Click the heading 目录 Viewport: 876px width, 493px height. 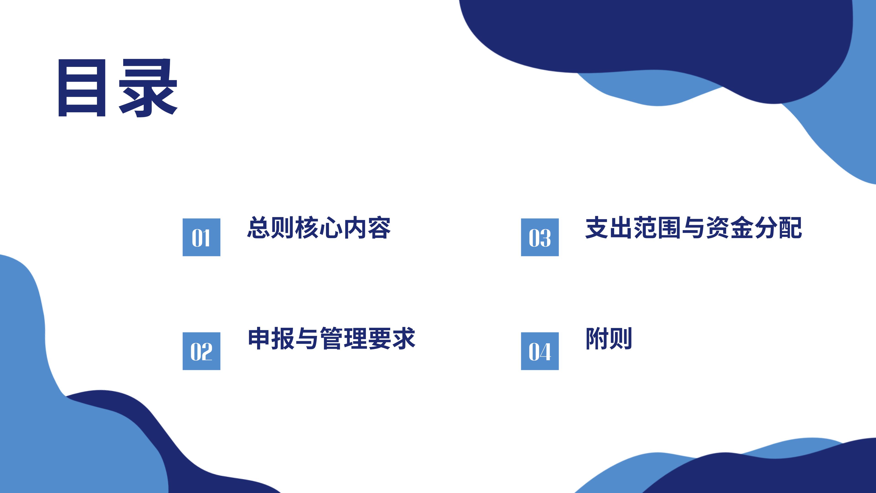tap(118, 88)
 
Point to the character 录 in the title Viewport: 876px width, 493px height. tap(148, 88)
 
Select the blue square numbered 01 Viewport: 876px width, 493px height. tap(201, 237)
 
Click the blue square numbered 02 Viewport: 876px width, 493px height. tap(201, 351)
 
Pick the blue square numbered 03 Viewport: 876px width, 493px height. tap(540, 237)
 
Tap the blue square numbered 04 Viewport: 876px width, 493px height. tap(540, 351)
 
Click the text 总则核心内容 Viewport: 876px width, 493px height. tap(319, 227)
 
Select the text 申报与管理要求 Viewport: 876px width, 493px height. tap(331, 338)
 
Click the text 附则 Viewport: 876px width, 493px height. tap(609, 338)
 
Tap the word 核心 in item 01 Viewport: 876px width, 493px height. tap(319, 227)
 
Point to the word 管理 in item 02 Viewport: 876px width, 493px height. tap(344, 338)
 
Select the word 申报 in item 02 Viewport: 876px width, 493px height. tap(271, 338)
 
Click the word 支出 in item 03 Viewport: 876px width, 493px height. tap(609, 227)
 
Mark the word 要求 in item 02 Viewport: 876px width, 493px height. tap(392, 338)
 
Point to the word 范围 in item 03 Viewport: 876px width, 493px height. tap(657, 227)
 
